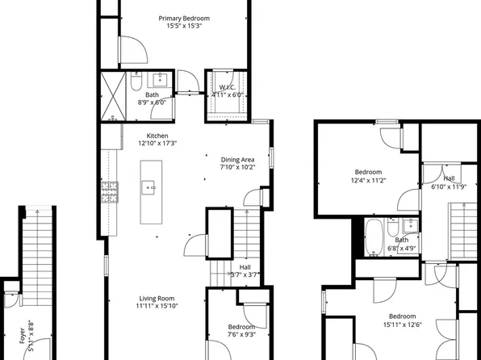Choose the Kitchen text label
pos(157,135)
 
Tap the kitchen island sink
pos(150,186)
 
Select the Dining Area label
pos(239,159)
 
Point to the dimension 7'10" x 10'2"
pos(239,168)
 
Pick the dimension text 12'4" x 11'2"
pos(370,180)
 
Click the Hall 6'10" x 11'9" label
pos(449,178)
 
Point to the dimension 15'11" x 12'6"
pos(401,324)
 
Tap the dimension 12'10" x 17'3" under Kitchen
pos(157,144)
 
